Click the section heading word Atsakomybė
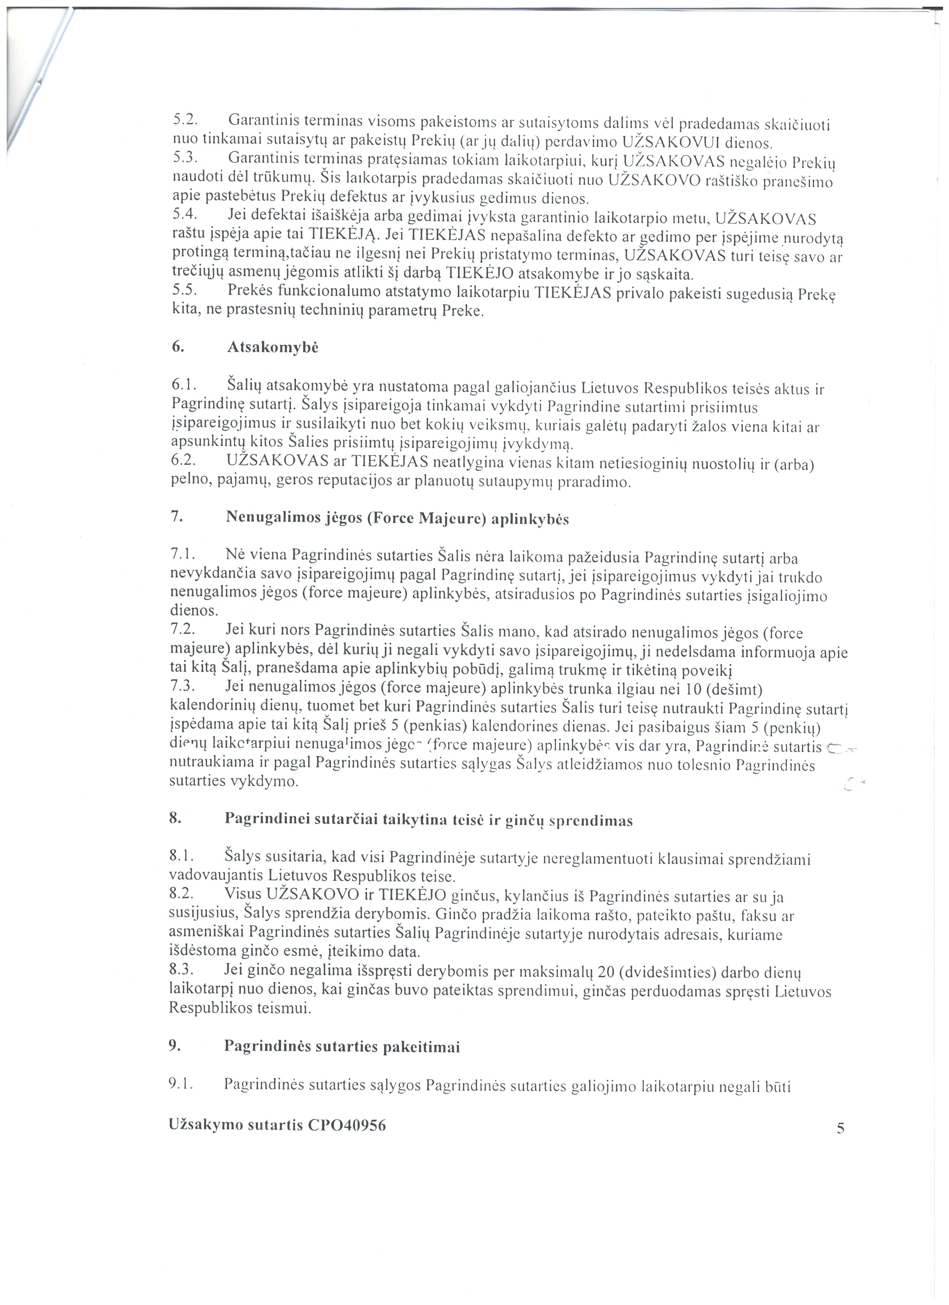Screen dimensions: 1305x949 [273, 347]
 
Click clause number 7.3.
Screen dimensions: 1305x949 [183, 687]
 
